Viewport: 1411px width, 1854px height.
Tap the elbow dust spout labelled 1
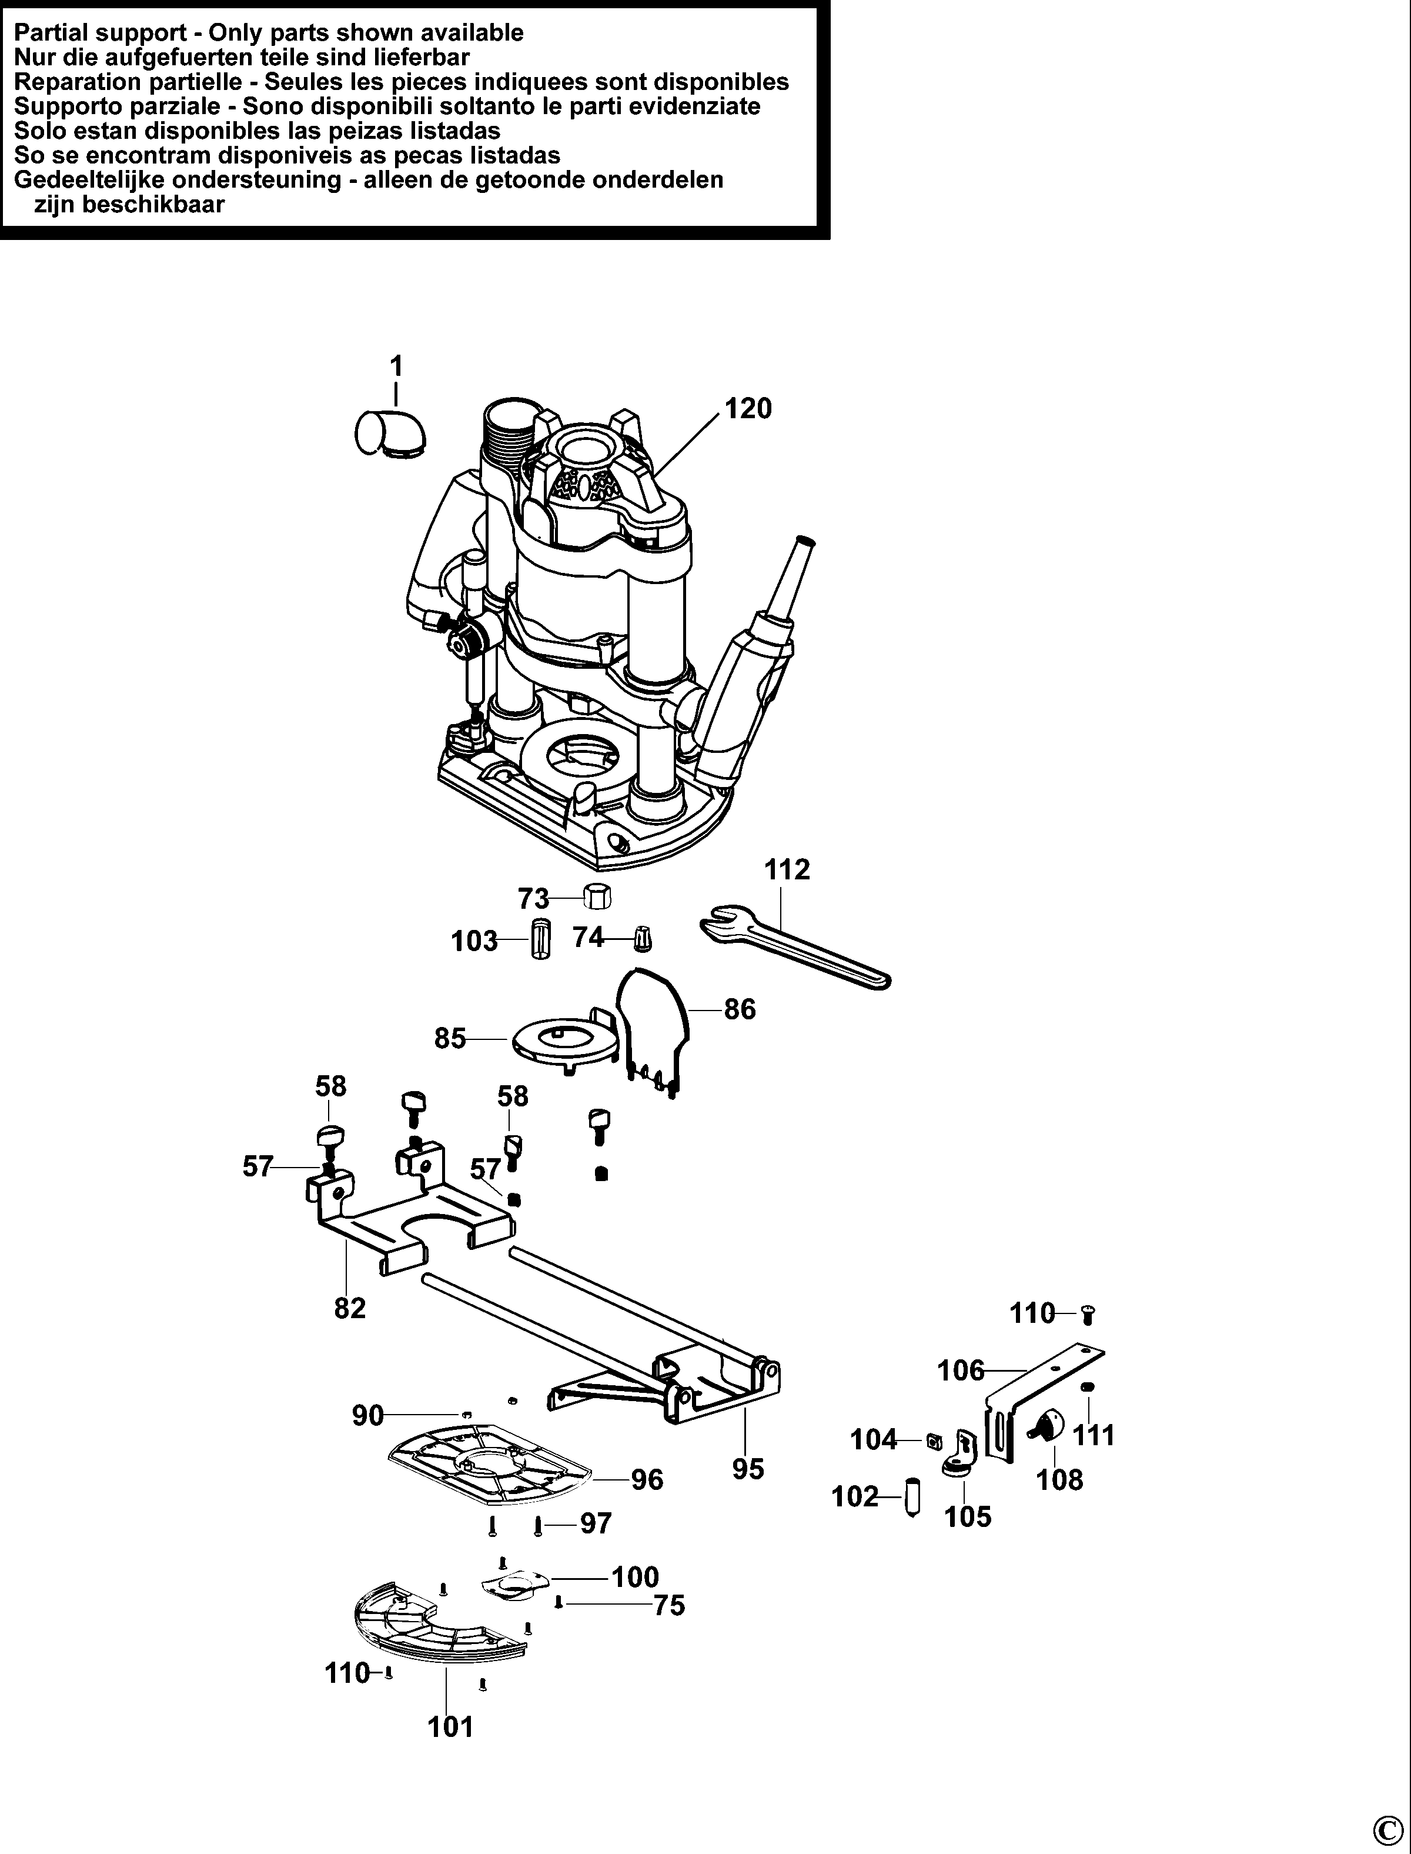click(x=390, y=434)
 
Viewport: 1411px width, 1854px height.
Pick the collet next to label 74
click(x=643, y=938)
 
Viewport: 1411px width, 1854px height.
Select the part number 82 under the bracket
click(x=350, y=1308)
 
